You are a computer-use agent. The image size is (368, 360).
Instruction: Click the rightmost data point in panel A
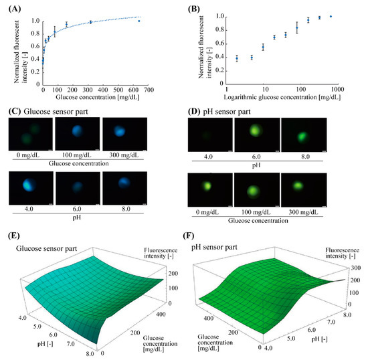(x=139, y=21)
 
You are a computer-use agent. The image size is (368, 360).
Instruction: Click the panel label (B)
(x=196, y=7)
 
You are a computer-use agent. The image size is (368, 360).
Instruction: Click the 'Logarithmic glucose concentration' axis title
(x=281, y=98)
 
